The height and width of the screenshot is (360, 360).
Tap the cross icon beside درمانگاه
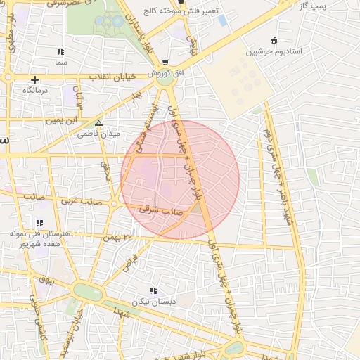coord(34,79)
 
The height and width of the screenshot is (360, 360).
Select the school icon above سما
coord(60,52)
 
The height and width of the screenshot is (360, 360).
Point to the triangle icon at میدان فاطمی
coord(98,122)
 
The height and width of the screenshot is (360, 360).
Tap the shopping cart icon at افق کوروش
coord(165,63)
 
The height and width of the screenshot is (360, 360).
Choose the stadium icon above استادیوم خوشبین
coord(273,41)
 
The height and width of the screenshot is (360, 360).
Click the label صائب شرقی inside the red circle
coord(162,209)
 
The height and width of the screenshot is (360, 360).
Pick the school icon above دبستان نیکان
coord(153,290)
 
